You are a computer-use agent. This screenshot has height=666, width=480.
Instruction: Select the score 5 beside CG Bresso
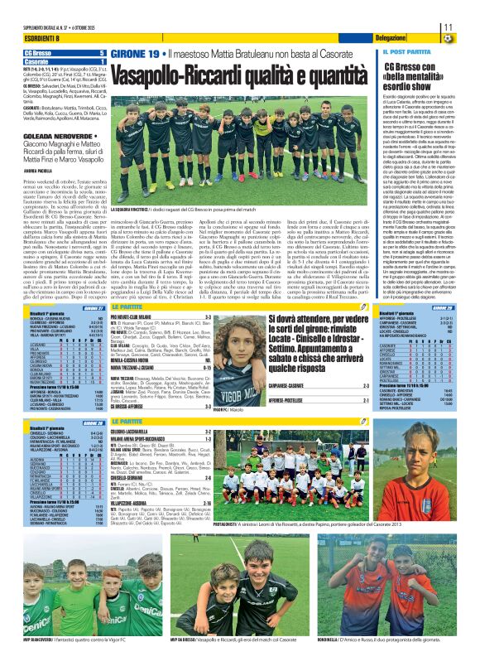(x=102, y=53)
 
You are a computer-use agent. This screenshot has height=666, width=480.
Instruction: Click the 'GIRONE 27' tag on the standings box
(x=91, y=306)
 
